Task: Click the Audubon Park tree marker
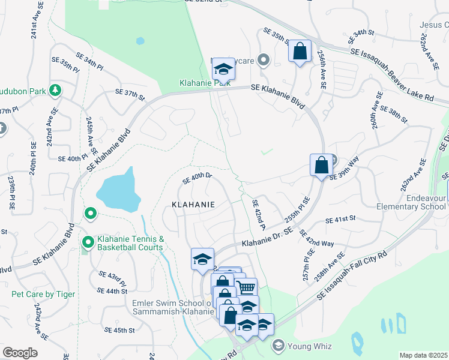pyautogui.click(x=55, y=91)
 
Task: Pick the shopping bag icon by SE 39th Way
pyautogui.click(x=321, y=164)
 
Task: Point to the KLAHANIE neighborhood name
pyautogui.click(x=193, y=204)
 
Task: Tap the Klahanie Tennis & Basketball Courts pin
pyautogui.click(x=88, y=242)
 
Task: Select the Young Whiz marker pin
pyautogui.click(x=277, y=345)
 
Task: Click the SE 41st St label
pyautogui.click(x=340, y=220)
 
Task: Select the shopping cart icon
pyautogui.click(x=245, y=287)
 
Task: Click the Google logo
pyautogui.click(x=20, y=353)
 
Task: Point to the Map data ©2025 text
pyautogui.click(x=423, y=355)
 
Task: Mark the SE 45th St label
pyautogui.click(x=119, y=330)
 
